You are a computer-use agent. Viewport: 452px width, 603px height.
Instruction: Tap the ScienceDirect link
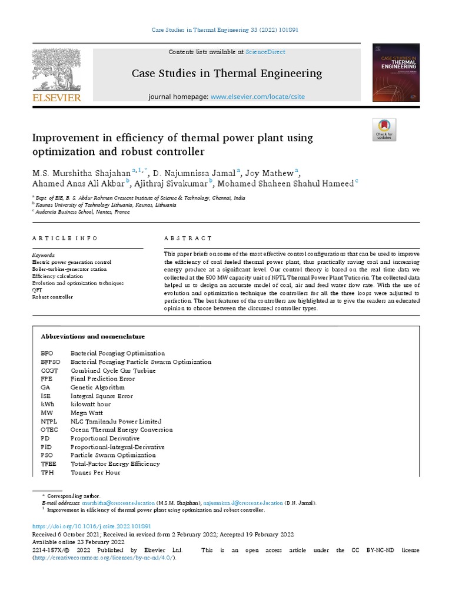[x=265, y=52]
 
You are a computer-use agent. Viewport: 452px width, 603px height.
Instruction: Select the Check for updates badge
[x=384, y=130]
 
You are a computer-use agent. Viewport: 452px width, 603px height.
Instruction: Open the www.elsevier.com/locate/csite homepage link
[x=258, y=96]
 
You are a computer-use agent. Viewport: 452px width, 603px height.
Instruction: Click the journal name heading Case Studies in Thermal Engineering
[x=227, y=74]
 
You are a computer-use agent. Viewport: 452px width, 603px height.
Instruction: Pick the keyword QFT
[x=37, y=290]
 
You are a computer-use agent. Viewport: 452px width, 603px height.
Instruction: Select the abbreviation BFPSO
[x=51, y=362]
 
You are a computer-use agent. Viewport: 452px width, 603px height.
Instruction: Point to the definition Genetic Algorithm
[x=98, y=387]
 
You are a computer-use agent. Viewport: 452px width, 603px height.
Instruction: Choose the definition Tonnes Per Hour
[x=95, y=472]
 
